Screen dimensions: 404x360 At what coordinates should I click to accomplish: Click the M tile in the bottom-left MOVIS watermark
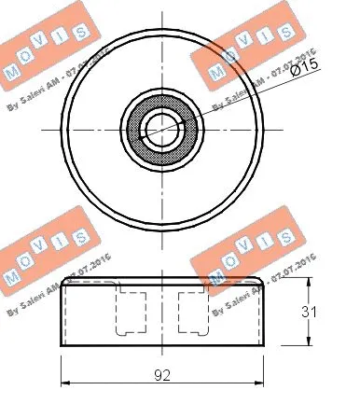click(x=13, y=277)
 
